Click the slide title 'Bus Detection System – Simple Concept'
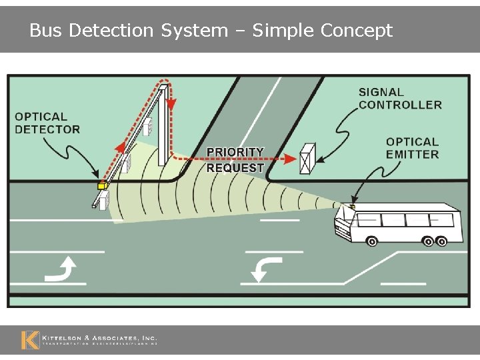pyautogui.click(x=211, y=31)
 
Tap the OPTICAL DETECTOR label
pyautogui.click(x=47, y=123)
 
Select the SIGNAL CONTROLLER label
pyautogui.click(x=400, y=99)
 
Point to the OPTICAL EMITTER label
pyautogui.click(x=412, y=148)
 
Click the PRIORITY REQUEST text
pyautogui.click(x=235, y=160)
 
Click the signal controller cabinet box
pyautogui.click(x=308, y=159)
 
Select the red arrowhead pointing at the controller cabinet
pyautogui.click(x=290, y=159)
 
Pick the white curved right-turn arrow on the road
pyautogui.click(x=62, y=269)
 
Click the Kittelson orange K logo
pyautogui.click(x=29, y=340)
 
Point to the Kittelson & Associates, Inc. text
pyautogui.click(x=99, y=339)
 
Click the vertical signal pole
pyautogui.click(x=162, y=127)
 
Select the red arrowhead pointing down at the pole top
pyautogui.click(x=172, y=105)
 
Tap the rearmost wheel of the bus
pyautogui.click(x=441, y=240)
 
